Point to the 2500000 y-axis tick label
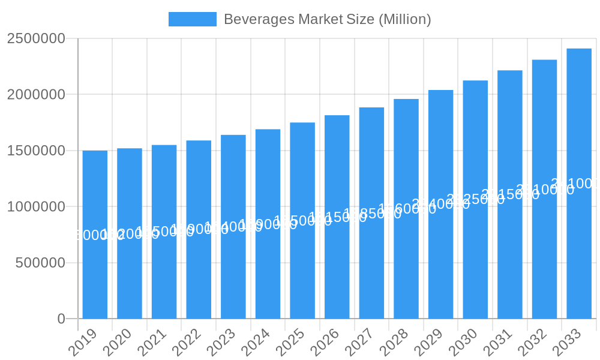click(36, 38)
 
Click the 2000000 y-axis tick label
click(36, 95)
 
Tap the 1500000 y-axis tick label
click(36, 151)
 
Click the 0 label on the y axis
click(61, 319)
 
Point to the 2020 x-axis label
click(117, 343)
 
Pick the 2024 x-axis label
click(256, 343)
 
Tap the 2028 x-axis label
click(394, 343)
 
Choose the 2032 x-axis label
click(532, 343)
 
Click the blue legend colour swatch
click(192, 19)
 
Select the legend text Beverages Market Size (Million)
click(327, 19)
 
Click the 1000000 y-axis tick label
click(36, 207)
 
